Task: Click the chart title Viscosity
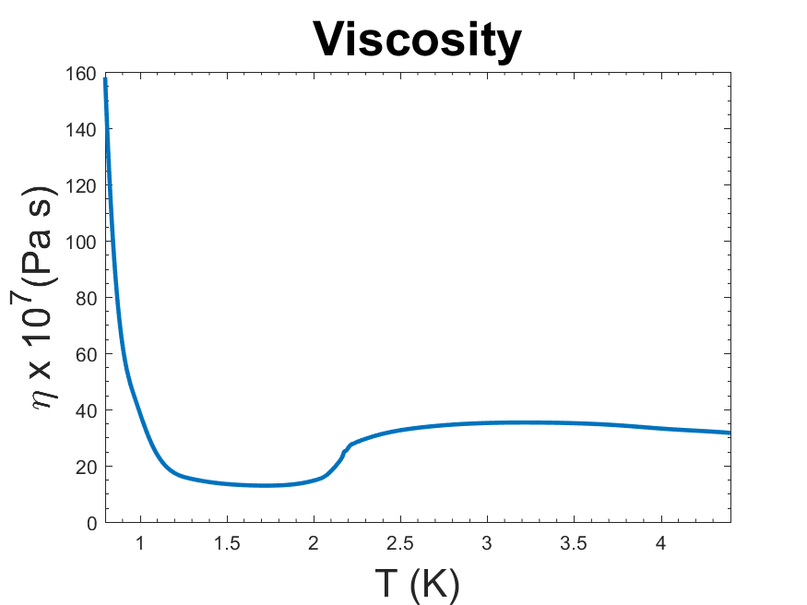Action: pyautogui.click(x=417, y=39)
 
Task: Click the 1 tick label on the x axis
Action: pyautogui.click(x=140, y=541)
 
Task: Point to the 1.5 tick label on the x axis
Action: pyautogui.click(x=227, y=541)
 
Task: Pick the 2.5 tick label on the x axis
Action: pyautogui.click(x=400, y=541)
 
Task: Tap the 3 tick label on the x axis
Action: pyautogui.click(x=487, y=541)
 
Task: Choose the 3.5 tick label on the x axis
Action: pyautogui.click(x=574, y=541)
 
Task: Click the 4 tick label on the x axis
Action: pyautogui.click(x=660, y=541)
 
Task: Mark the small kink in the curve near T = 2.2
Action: pyautogui.click(x=346, y=451)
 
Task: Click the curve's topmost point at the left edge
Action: pyautogui.click(x=106, y=79)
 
